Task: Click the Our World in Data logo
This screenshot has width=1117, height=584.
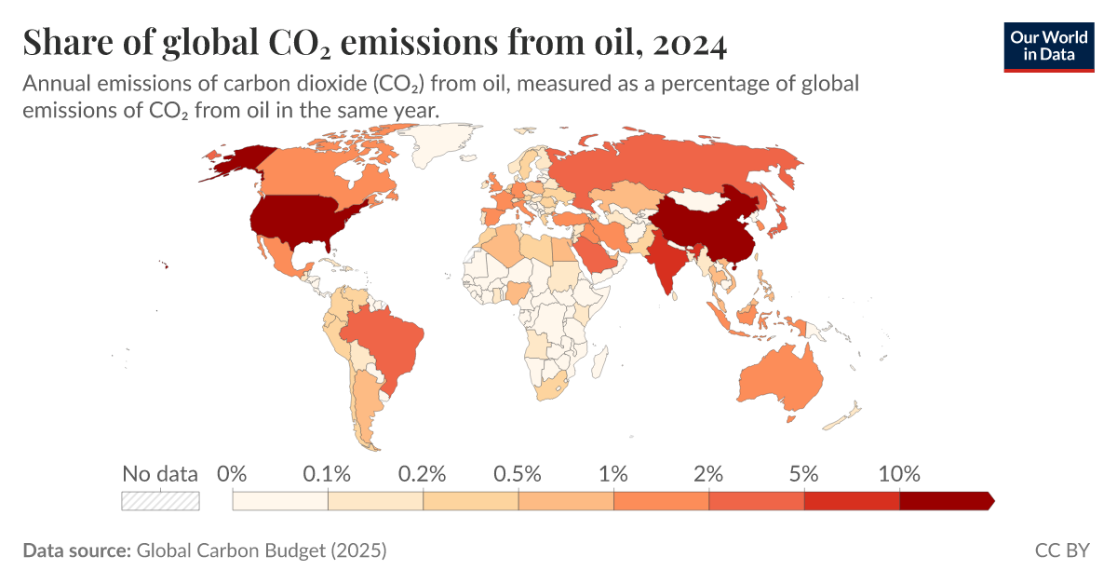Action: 1048,44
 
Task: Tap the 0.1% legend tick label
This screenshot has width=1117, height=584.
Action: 327,473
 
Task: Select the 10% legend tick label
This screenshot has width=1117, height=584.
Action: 899,473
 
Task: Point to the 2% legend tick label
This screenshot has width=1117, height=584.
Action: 708,473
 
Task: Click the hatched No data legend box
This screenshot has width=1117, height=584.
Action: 160,500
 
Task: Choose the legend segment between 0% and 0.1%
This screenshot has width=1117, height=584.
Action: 280,501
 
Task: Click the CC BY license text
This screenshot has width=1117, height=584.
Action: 1061,550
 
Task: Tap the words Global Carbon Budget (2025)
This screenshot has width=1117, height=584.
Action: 261,550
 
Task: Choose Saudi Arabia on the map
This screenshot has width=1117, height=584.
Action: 595,251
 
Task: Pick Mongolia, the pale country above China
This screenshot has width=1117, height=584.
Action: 693,199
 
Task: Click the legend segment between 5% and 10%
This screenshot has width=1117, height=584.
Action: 852,501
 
